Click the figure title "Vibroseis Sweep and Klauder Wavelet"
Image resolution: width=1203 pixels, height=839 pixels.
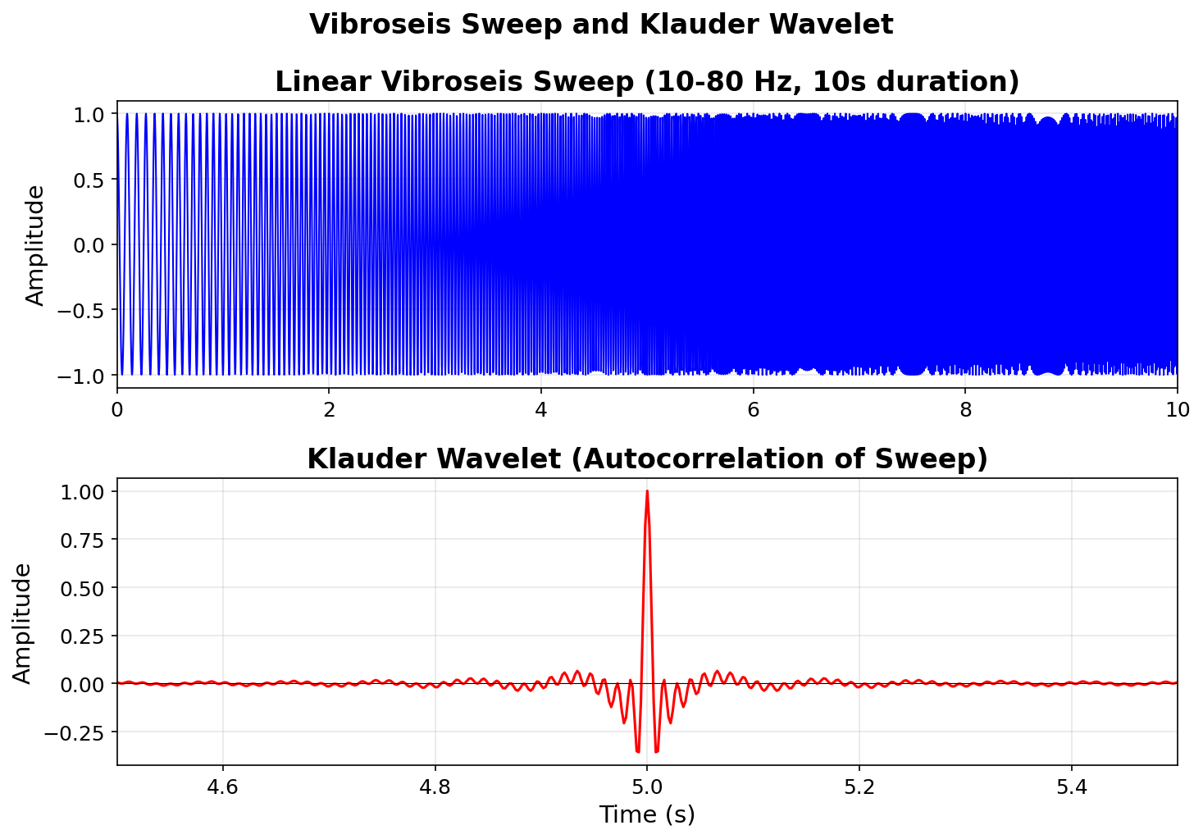[601, 25]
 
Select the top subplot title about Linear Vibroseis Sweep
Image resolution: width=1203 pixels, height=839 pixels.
[647, 82]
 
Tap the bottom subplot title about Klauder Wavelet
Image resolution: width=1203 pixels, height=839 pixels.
[647, 459]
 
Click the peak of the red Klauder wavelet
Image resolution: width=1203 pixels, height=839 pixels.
[647, 491]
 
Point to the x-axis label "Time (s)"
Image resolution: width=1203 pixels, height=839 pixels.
[647, 814]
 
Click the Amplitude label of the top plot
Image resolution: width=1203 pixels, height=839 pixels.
[35, 244]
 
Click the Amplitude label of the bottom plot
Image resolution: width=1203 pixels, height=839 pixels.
[22, 622]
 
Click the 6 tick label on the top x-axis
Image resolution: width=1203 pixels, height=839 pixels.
[754, 411]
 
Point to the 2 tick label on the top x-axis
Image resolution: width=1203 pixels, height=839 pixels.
[329, 411]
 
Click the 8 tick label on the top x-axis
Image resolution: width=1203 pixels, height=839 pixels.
[965, 411]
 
